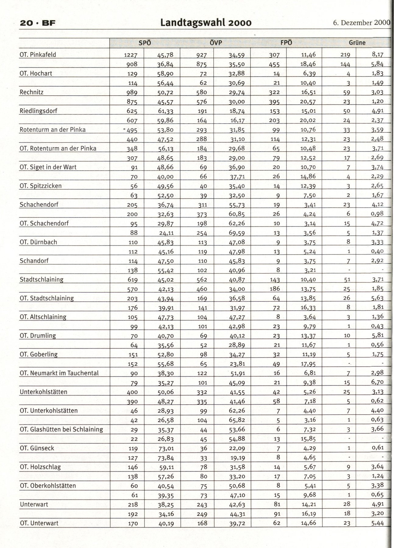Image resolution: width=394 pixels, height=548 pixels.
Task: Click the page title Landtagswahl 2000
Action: point(206,23)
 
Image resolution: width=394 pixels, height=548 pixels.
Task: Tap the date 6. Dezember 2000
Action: point(361,23)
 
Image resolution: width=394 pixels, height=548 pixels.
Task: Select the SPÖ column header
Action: point(145,43)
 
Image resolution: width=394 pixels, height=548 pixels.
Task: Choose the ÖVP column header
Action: point(215,43)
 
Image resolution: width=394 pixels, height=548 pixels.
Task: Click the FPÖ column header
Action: point(286,43)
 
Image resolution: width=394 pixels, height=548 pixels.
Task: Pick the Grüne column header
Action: point(357,43)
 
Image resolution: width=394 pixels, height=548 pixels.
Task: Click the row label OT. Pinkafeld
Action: point(38,55)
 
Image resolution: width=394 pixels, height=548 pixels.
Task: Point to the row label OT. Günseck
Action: point(37,448)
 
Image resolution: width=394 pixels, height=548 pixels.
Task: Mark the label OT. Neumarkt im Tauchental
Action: point(59,373)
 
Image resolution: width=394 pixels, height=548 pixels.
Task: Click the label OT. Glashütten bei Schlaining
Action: point(61,429)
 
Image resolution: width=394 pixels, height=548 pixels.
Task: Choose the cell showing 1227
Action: point(131,55)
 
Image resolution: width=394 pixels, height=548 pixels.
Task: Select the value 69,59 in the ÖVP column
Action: point(237,233)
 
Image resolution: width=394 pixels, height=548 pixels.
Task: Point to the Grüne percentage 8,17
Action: point(377,55)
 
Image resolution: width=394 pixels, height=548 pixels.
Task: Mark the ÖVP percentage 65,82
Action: point(237,420)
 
